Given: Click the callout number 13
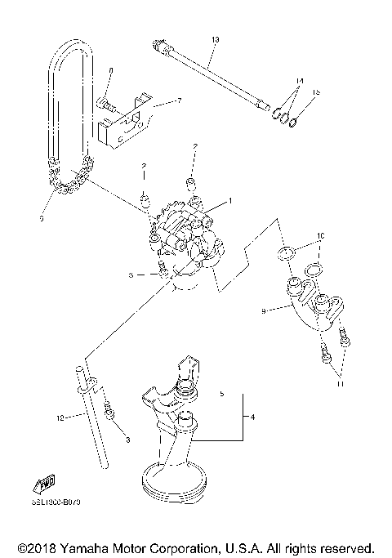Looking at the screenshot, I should pos(216,39).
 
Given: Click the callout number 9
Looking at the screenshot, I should pos(264,310).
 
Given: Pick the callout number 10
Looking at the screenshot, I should pos(321,236).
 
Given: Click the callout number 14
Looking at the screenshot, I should pos(300,82).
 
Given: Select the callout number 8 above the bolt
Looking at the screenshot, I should pos(112,72).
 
